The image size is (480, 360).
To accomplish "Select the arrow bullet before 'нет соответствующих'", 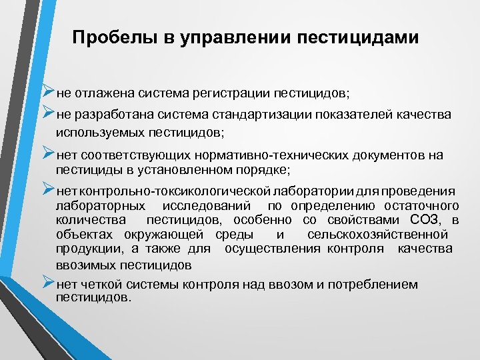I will tap(48, 153).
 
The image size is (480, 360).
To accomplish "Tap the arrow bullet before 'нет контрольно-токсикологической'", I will tap(48, 189).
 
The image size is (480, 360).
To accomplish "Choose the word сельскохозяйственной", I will tap(377, 235).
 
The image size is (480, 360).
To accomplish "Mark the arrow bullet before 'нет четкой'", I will tap(48, 283).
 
